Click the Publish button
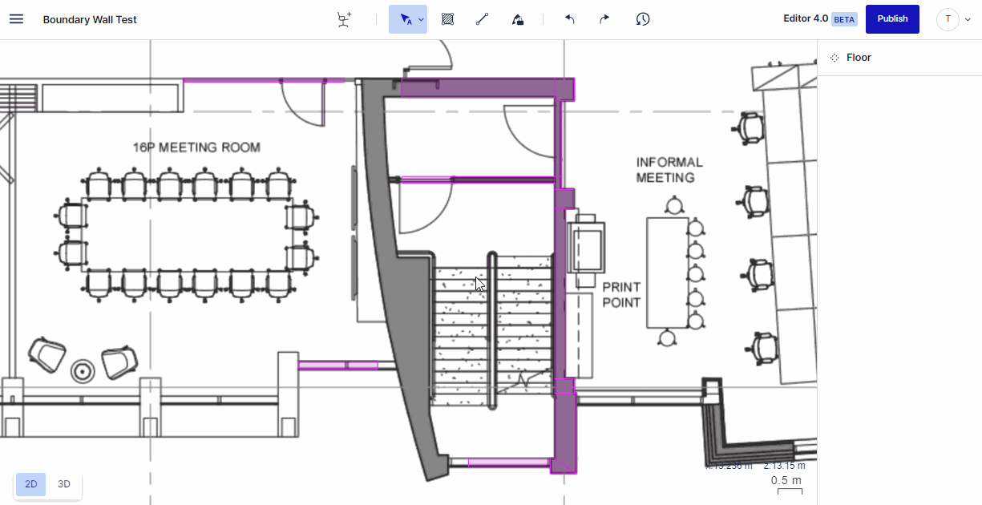coord(892,19)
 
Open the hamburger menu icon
coord(16,19)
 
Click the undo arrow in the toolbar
coord(570,19)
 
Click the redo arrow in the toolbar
coord(604,19)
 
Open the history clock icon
coord(642,19)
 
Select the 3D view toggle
coord(64,484)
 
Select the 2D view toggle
coord(31,484)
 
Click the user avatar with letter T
coord(948,19)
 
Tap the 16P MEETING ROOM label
coord(196,147)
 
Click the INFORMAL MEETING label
coord(669,170)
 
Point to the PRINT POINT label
coord(621,294)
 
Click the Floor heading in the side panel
coord(859,58)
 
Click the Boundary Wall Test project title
coord(90,19)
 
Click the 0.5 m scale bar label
coord(786,480)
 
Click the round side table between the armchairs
coord(81,370)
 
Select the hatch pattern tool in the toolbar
coord(448,19)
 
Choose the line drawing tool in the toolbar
coord(482,19)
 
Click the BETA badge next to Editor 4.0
coord(844,19)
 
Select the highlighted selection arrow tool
coord(406,19)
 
